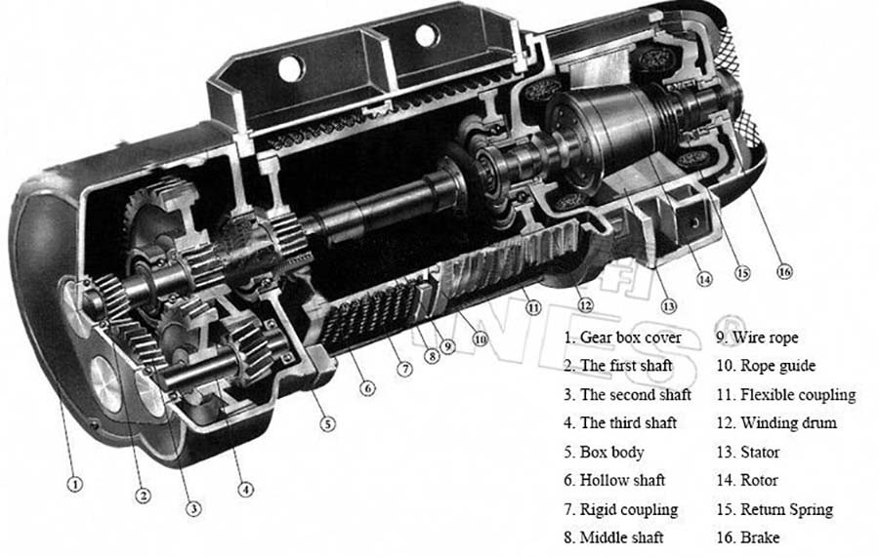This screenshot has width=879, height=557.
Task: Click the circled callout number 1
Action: (75, 483)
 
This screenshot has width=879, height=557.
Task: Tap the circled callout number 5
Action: (326, 423)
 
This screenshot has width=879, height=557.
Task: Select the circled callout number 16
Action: (784, 272)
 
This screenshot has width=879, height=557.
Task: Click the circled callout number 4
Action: (246, 490)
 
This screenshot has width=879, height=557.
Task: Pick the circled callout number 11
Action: (532, 306)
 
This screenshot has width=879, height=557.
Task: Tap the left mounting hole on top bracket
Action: (290, 70)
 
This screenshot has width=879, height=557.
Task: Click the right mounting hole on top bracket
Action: (426, 36)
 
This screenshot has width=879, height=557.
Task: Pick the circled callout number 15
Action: (742, 273)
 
